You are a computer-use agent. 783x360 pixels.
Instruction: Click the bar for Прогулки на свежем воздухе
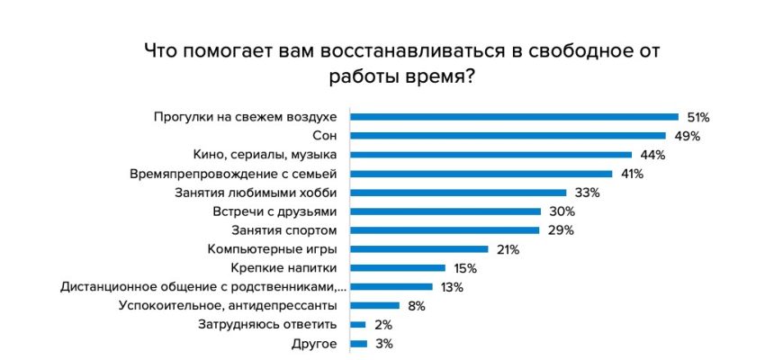click(x=514, y=116)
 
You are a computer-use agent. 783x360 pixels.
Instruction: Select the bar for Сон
click(x=508, y=135)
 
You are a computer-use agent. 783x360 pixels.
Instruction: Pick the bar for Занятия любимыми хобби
click(x=458, y=193)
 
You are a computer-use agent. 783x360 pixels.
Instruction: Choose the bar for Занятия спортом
click(x=445, y=230)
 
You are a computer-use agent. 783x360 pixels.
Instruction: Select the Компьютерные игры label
click(x=272, y=249)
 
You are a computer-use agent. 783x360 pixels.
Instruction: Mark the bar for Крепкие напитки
click(x=398, y=268)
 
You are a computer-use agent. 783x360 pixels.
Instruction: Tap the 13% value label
click(x=452, y=287)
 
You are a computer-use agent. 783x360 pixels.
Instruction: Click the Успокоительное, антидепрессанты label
click(x=228, y=306)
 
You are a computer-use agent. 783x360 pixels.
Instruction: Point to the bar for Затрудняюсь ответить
click(x=358, y=325)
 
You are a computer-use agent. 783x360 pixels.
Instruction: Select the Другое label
click(x=314, y=344)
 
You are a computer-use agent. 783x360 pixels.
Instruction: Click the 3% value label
click(x=384, y=344)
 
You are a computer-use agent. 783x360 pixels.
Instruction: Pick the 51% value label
click(x=698, y=117)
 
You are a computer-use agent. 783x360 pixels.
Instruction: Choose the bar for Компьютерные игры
click(x=418, y=249)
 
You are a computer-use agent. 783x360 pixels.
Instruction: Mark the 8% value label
click(x=416, y=306)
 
